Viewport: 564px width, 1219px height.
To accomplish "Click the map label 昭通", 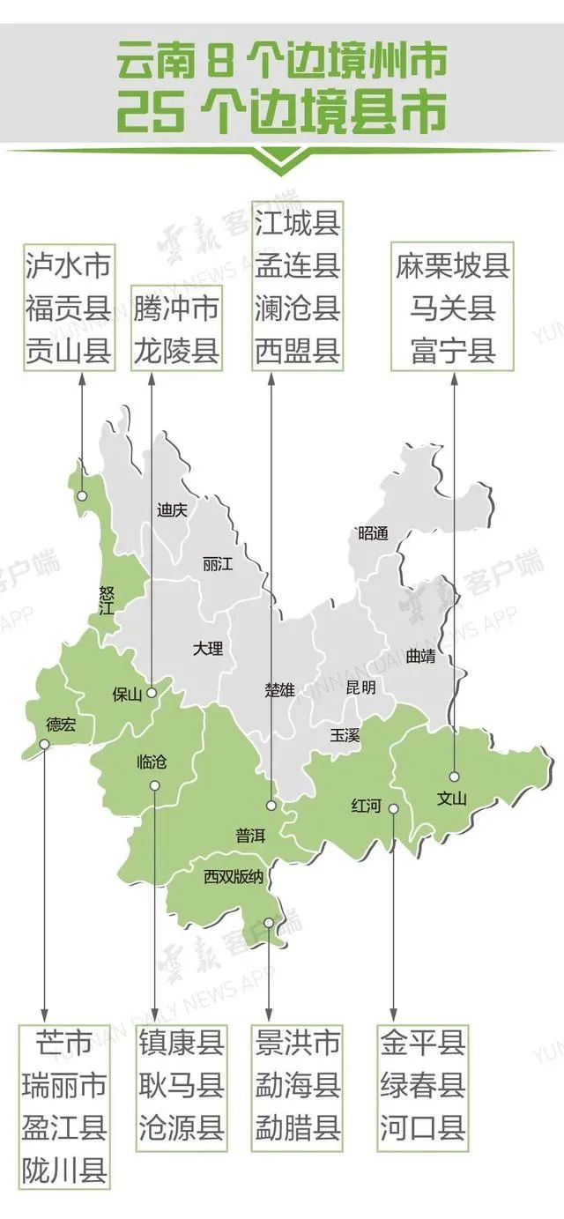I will pos(374,533).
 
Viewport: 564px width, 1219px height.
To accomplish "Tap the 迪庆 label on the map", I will pos(171,509).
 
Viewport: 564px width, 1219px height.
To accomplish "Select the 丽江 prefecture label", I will pos(217,564).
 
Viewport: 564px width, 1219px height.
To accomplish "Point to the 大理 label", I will pos(208,649).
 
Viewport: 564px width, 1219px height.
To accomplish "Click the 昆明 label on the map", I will pos(360,687).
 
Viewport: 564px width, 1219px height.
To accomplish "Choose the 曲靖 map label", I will pos(420,656).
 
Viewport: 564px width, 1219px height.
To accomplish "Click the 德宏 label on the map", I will pos(61,725).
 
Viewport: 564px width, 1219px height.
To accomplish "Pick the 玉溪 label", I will pos(345,733).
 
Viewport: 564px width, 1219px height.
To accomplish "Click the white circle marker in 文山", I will pos(454,777).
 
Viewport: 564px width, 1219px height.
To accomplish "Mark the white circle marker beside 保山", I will pos(152,692).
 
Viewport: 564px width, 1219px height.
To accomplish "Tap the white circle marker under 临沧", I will pos(155,784).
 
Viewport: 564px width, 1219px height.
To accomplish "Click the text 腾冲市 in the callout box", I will pos(176,308).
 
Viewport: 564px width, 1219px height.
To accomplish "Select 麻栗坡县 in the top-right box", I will pos(453,266).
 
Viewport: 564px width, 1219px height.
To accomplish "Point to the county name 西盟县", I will pos(297,352).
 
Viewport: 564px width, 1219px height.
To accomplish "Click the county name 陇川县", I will pos(64,1171).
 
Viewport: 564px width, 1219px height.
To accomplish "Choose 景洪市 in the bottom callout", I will pos(297,1044).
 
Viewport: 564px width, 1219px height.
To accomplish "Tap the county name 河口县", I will pos(423,1127).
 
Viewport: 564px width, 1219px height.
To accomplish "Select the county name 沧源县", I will pos(182,1127).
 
